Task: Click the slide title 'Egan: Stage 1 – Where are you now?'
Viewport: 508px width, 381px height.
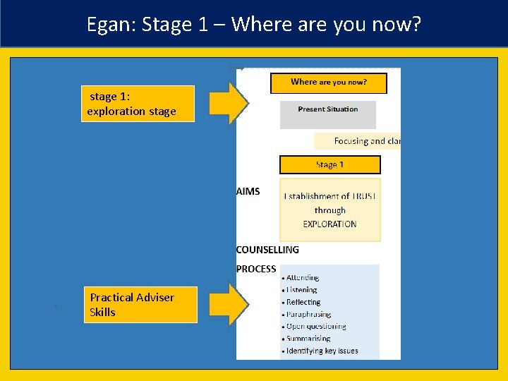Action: pos(253,25)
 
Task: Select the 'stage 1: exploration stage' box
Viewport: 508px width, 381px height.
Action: pos(138,104)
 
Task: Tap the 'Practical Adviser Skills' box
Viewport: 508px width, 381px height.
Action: pos(140,305)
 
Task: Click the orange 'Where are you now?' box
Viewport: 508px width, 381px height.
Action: pos(329,83)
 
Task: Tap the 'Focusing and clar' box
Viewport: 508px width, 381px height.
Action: pos(358,141)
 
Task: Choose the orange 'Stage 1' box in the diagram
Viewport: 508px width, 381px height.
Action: pos(329,165)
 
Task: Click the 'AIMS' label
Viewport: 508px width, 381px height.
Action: pos(248,191)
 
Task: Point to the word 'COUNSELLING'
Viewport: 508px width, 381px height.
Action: pos(267,250)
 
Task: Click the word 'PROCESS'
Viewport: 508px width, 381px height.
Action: pos(256,269)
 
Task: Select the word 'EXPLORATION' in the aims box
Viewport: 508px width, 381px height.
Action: pos(329,224)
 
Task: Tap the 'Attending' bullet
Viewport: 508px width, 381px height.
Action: pos(303,278)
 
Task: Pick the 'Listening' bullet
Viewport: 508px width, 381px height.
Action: pos(302,290)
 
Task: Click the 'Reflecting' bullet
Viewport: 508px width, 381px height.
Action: pos(303,302)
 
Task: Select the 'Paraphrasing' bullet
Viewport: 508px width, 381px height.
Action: pos(308,314)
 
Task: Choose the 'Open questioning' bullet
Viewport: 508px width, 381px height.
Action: pos(316,327)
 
